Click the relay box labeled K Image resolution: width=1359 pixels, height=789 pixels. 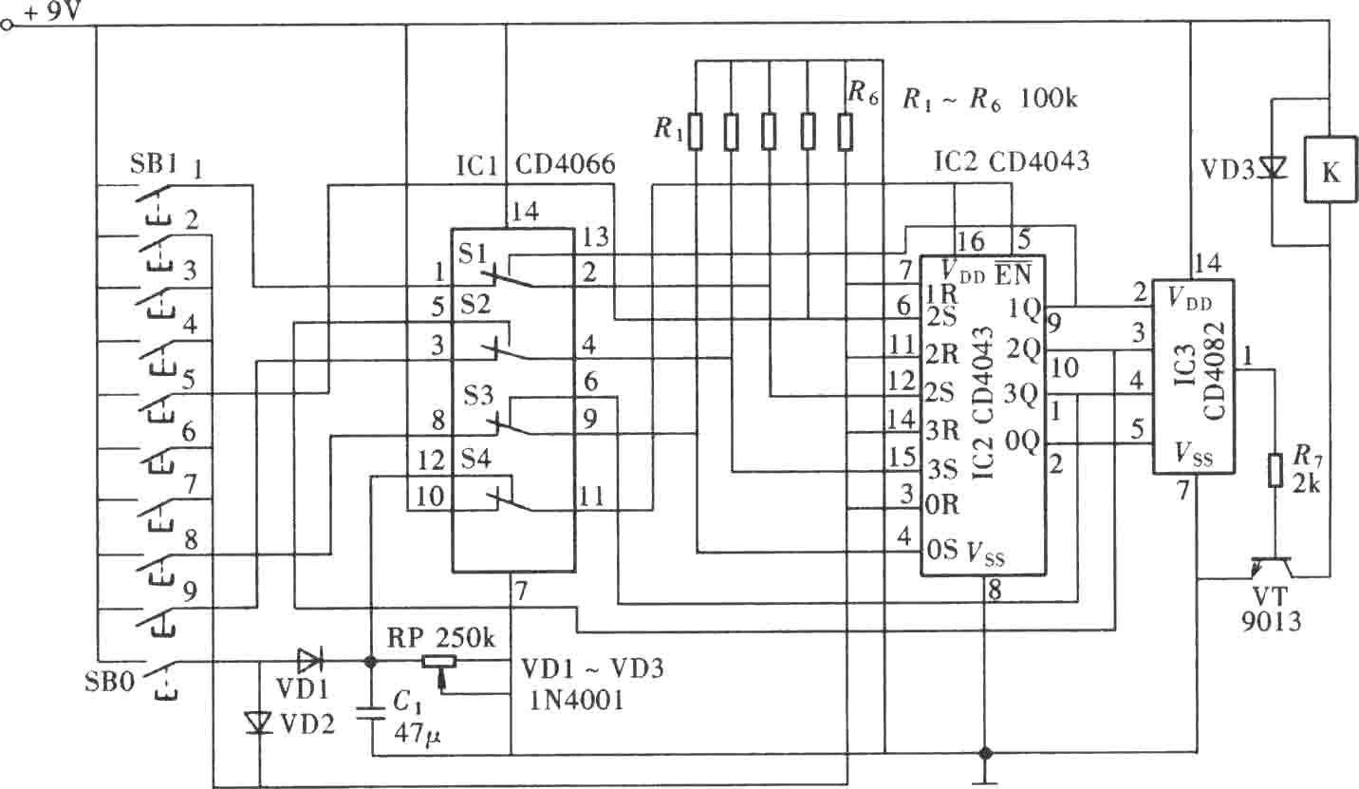tap(1330, 169)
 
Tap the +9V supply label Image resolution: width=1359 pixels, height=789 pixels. tap(52, 11)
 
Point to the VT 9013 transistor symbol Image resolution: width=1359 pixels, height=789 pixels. tap(1274, 568)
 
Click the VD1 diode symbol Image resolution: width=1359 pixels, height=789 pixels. tap(310, 660)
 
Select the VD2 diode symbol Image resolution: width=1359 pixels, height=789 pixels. tap(260, 723)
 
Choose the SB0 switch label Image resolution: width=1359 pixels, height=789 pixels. tap(109, 681)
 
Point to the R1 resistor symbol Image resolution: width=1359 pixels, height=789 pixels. tap(696, 131)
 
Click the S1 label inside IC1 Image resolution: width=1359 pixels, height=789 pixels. tap(473, 254)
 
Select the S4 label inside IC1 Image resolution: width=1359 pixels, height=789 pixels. tap(476, 459)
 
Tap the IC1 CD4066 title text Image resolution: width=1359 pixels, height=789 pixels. tap(535, 164)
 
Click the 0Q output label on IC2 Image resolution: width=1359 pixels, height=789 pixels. tap(1022, 441)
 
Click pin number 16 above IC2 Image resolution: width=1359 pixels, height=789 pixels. tap(970, 241)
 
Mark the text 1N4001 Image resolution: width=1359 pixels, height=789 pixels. tap(576, 701)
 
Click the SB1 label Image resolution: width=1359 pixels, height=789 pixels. tap(154, 164)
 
